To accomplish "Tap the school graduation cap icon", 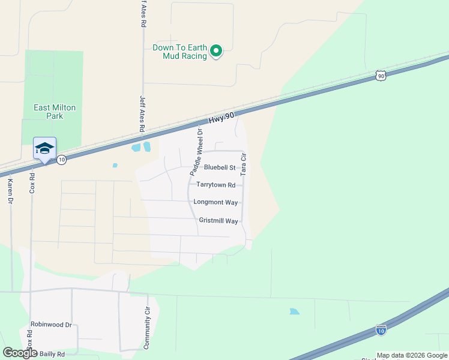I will [44, 148].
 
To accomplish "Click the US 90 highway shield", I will [381, 75].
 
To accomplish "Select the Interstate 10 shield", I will [381, 329].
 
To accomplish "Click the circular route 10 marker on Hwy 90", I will [61, 160].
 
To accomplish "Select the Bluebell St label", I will [219, 167].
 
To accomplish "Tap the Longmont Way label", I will [215, 203].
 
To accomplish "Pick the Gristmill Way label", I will [218, 221].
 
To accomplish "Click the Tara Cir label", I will [244, 164].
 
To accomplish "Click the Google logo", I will [20, 353].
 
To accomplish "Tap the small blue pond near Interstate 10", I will [294, 311].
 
